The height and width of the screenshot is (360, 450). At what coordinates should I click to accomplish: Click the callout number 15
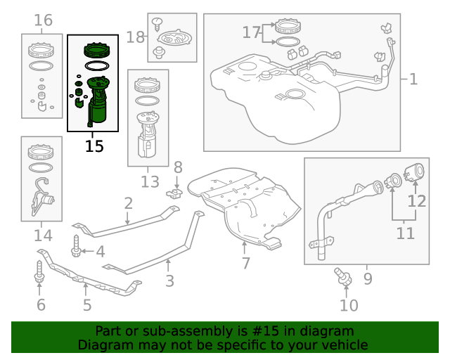tap(94, 146)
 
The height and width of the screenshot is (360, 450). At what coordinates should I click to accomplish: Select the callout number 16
tap(44, 20)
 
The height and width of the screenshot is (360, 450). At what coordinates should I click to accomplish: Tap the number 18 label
tap(134, 37)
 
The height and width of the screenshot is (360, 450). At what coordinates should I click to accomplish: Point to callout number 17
tap(251, 32)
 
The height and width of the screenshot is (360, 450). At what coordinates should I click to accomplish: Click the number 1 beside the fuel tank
tap(413, 79)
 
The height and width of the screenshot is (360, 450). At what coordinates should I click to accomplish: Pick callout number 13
tap(150, 182)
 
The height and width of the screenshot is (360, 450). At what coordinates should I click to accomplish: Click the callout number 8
tap(178, 167)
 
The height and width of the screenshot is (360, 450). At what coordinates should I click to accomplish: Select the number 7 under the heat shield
tap(245, 264)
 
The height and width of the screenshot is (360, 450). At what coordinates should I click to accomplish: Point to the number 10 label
tap(349, 305)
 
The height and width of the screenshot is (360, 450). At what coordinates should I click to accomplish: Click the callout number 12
tap(417, 201)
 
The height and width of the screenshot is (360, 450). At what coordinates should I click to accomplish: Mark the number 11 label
tap(405, 233)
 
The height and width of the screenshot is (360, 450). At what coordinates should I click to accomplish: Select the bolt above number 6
tap(39, 274)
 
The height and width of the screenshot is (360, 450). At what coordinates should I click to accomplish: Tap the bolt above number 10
tap(344, 276)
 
